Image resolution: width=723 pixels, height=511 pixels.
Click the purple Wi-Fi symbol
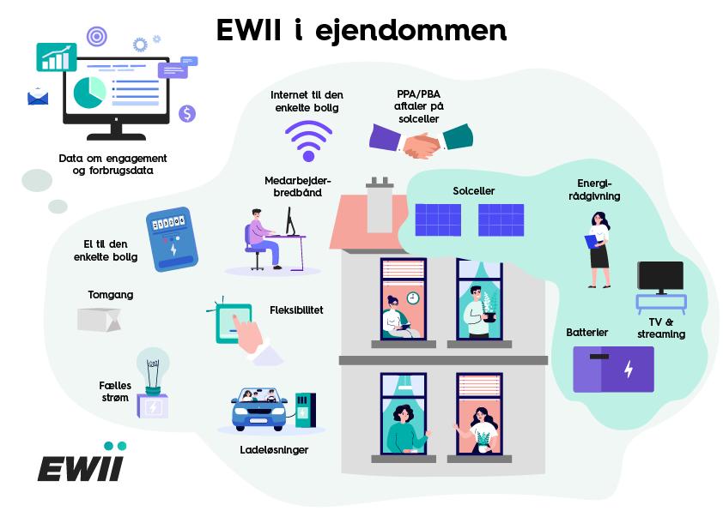point(308,141)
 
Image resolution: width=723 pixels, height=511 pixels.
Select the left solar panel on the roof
point(437,219)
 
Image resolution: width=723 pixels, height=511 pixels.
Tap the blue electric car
point(258,411)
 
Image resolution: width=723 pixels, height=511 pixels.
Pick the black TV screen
point(659,277)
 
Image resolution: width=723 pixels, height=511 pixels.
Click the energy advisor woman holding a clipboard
point(598,249)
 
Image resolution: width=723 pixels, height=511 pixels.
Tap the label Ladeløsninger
point(274,449)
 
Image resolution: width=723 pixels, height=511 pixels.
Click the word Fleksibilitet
point(296,310)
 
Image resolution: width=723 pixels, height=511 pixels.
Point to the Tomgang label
point(111,295)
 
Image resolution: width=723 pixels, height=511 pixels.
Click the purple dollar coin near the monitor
point(187,113)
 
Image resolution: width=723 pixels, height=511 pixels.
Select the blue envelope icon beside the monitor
point(38,97)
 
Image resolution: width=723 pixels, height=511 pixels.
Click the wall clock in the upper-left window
point(412,298)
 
